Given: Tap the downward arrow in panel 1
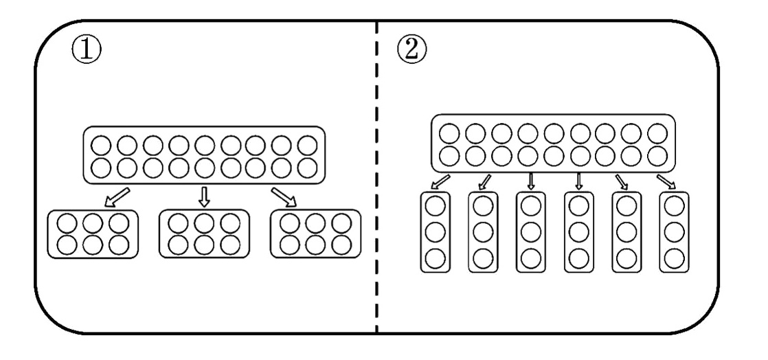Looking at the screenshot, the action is click(x=204, y=196).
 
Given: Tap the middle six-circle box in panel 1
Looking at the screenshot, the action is click(x=203, y=234).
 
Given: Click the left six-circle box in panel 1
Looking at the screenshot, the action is click(x=93, y=234).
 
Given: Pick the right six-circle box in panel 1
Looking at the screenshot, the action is click(x=315, y=234).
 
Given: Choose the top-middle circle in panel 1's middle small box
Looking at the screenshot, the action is click(x=203, y=223).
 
